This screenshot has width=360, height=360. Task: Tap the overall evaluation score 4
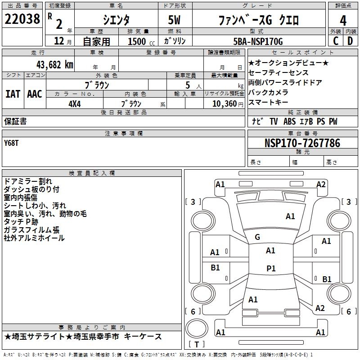coord(343,20)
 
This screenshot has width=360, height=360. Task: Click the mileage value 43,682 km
coord(46,64)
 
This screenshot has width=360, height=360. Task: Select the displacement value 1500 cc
coord(139,41)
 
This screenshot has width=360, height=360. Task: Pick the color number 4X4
coord(74,103)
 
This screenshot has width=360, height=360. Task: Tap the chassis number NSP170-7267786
coord(302,143)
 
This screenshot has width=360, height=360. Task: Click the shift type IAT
coord(13,94)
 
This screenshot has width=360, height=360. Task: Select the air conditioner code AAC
coord(35,94)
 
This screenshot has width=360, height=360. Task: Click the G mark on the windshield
coord(257,237)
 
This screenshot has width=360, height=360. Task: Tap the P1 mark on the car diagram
coord(270,268)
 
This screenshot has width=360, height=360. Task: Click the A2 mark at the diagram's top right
coord(321,184)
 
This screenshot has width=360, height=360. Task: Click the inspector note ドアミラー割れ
coord(27,181)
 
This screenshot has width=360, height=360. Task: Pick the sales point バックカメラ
coord(268,92)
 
